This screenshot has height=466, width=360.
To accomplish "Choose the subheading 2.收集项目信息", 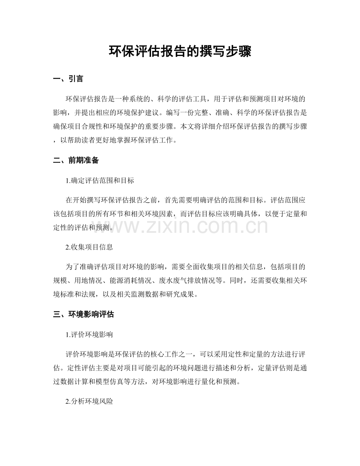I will tap(90, 247).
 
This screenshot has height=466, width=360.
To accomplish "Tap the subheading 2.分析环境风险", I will tap(90, 401).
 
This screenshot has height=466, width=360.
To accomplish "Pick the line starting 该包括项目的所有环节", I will tap(180, 213).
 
